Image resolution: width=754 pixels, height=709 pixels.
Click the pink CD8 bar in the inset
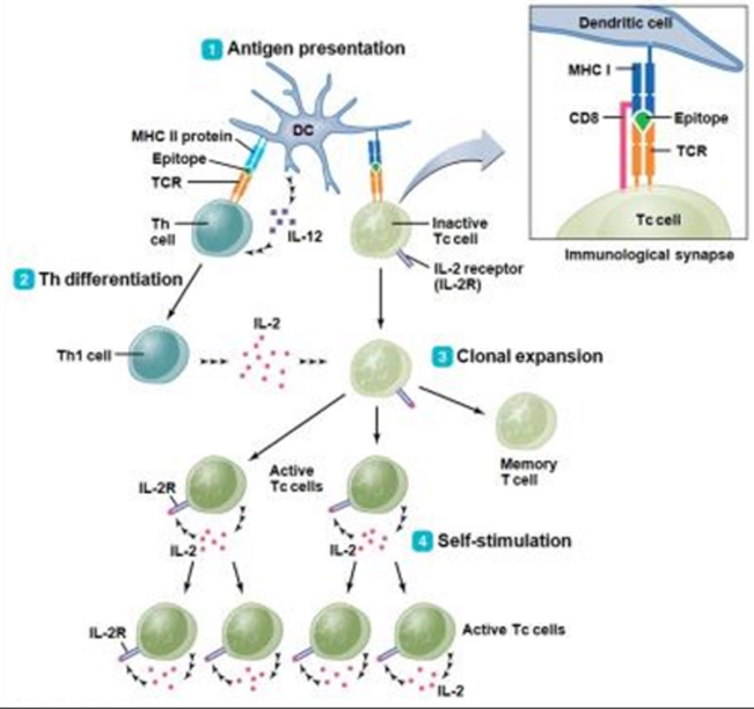click(x=623, y=148)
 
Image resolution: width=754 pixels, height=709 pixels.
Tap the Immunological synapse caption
click(x=649, y=255)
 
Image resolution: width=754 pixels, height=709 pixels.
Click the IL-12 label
click(x=305, y=238)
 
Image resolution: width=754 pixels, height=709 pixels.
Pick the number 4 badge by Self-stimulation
click(x=422, y=541)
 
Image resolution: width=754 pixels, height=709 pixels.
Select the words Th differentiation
click(x=110, y=279)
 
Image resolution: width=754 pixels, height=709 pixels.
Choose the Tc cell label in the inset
click(x=658, y=220)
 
